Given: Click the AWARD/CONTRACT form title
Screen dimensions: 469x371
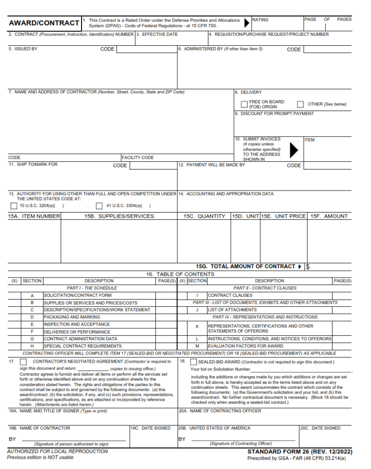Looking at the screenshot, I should click(44, 23).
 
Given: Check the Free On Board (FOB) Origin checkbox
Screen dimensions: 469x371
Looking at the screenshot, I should click(245, 104).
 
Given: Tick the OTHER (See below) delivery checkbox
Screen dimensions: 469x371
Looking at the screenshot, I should click(300, 104).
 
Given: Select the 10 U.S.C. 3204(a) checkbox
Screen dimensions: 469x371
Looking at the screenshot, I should click(14, 206).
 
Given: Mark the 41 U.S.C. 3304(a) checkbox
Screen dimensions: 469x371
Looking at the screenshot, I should click(99, 206).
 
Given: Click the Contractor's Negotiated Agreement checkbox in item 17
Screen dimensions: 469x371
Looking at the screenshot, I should click(23, 362).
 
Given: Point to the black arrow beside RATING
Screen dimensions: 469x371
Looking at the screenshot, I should click(247, 22).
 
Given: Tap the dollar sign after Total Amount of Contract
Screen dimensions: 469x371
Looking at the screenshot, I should click(308, 267).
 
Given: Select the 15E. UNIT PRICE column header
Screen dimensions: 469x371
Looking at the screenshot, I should click(283, 216).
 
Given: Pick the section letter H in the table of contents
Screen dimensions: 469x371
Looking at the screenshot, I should click(32, 346).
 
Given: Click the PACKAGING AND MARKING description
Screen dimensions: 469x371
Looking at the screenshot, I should click(72, 317).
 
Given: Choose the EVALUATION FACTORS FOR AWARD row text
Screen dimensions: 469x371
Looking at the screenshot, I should click(246, 346).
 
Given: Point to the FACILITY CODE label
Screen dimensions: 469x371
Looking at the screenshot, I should click(138, 158).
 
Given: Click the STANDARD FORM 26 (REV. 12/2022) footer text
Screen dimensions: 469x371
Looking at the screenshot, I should click(300, 452).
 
